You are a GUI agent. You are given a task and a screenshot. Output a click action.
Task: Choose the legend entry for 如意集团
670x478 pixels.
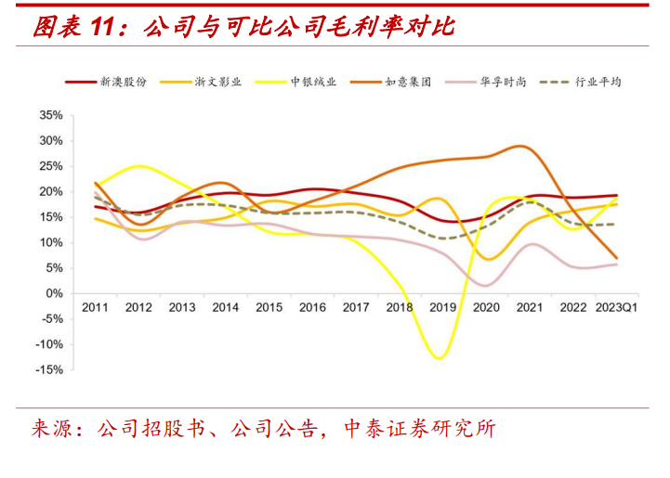click(x=407, y=82)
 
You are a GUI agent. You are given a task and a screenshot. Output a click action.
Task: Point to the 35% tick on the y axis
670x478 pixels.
click(x=50, y=116)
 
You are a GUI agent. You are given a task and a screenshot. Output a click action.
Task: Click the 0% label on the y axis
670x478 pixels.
click(x=54, y=293)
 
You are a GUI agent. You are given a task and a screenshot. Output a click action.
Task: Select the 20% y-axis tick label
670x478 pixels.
click(x=50, y=192)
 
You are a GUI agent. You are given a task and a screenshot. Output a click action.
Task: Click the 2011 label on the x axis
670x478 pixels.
click(x=96, y=307)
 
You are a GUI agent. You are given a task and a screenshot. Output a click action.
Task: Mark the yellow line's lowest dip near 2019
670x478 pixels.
click(x=438, y=358)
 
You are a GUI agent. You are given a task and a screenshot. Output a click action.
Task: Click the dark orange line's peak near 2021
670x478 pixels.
click(x=522, y=147)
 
